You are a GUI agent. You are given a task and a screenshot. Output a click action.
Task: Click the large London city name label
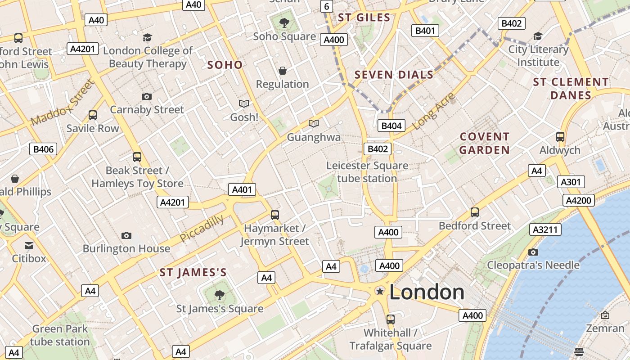[427, 292]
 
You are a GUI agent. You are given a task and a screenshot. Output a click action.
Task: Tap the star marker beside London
[380, 291]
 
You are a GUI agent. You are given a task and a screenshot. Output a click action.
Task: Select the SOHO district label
[225, 65]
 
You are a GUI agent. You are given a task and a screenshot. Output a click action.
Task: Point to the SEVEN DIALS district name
[394, 75]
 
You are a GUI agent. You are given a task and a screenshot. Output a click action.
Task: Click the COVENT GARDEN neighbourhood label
[485, 143]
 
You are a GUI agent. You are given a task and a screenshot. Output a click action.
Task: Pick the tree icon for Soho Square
[284, 22]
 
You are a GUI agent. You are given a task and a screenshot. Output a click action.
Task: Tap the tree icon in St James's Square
[219, 295]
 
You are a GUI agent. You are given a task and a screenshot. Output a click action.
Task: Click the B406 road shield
[44, 149]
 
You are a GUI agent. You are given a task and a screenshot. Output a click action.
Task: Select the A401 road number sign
[242, 190]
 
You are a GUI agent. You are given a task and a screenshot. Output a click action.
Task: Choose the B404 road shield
[391, 126]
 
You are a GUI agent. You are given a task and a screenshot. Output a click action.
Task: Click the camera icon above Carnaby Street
[146, 96]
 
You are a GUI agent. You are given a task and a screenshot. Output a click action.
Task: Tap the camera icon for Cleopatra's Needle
[533, 252]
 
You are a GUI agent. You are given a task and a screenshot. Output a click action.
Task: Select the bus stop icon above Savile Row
[93, 115]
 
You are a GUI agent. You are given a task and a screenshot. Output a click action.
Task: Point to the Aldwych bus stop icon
[560, 137]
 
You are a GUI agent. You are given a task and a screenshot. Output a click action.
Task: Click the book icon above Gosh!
[244, 104]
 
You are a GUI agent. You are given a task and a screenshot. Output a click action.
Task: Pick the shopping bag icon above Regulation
[283, 71]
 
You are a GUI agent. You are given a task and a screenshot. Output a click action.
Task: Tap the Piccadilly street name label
[202, 228]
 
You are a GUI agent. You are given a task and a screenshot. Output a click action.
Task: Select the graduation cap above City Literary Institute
[538, 36]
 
